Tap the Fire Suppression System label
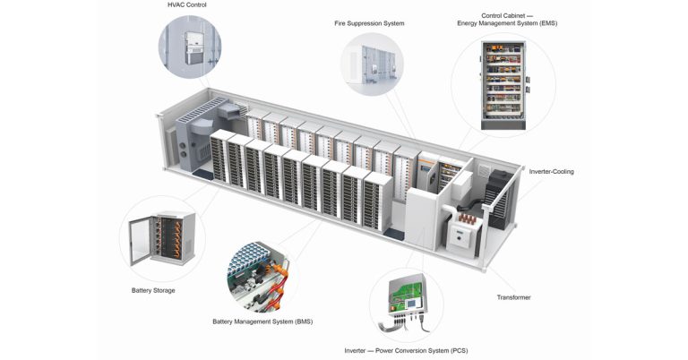pyautogui.click(x=369, y=22)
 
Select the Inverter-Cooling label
pyautogui.click(x=551, y=171)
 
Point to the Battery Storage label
pyautogui.click(x=153, y=290)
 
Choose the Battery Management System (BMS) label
pyautogui.click(x=262, y=321)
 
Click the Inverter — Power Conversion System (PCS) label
pyautogui.click(x=406, y=350)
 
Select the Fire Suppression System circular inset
pyautogui.click(x=372, y=65)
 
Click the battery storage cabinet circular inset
pyautogui.click(x=161, y=238)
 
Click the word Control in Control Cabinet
pyautogui.click(x=496, y=14)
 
